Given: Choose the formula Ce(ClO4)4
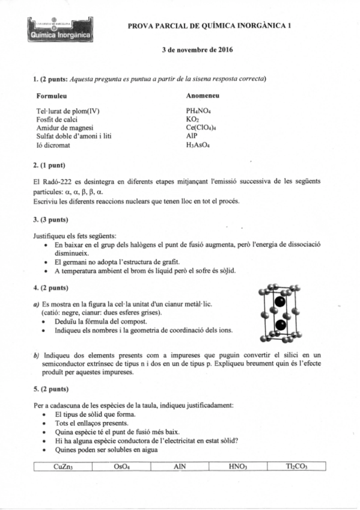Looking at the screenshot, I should [x=203, y=128].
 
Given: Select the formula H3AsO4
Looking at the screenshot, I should [x=200, y=145].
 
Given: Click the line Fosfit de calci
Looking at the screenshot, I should [x=59, y=120].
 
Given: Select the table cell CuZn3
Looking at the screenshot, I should [x=64, y=466].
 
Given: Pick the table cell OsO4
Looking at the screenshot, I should [x=121, y=466].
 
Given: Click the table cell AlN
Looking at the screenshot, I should [x=179, y=466].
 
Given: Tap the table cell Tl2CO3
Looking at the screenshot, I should [x=296, y=466].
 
